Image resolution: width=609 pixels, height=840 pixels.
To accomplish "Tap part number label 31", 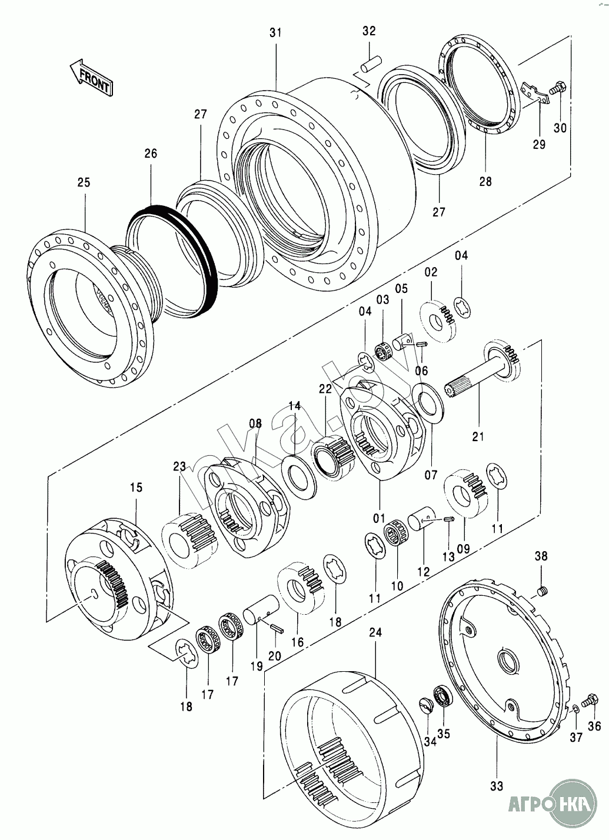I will [275, 33].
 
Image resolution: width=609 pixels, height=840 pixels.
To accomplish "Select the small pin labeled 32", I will [371, 63].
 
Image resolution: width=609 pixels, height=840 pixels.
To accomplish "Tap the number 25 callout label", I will [84, 182].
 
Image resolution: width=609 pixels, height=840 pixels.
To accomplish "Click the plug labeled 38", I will [543, 590].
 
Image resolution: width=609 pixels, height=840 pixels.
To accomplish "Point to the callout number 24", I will [375, 632].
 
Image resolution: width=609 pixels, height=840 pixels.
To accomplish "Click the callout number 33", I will [497, 785].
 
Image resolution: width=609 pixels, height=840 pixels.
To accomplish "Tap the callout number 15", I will [136, 487].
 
